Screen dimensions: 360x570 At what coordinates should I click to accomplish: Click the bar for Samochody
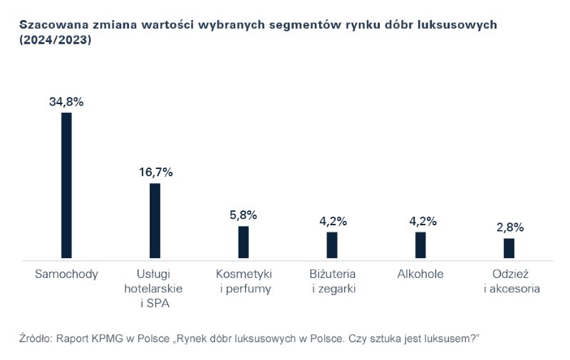tap(66, 185)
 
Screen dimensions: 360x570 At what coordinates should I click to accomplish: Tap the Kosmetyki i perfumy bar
tap(243, 242)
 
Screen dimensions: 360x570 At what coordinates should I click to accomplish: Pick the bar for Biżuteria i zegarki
tap(332, 245)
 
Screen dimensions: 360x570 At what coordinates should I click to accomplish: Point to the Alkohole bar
tap(420, 245)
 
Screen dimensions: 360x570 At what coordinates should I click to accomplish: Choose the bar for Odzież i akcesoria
tap(509, 247)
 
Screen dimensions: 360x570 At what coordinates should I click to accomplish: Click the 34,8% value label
tap(66, 102)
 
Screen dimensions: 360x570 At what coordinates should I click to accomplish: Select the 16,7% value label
tap(155, 172)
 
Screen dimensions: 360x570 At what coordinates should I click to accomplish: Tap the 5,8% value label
tap(244, 215)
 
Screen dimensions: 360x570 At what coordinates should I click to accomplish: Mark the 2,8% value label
tap(509, 227)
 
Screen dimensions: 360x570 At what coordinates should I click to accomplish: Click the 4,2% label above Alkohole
tap(421, 221)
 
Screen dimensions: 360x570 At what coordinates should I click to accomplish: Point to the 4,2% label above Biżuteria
tap(333, 221)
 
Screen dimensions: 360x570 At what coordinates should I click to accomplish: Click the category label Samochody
tap(66, 274)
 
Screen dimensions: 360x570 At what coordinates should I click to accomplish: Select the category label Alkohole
tap(420, 274)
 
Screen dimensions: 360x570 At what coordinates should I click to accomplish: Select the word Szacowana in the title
tap(51, 25)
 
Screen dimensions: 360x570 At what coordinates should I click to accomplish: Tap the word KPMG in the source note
tap(106, 336)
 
